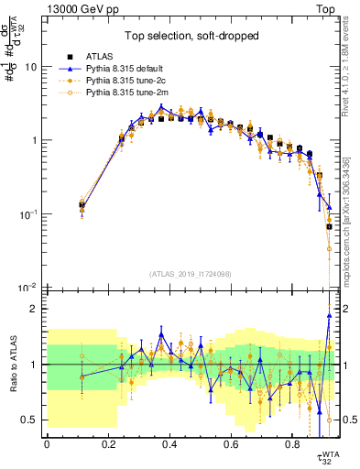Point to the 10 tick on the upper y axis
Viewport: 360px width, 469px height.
(30, 68)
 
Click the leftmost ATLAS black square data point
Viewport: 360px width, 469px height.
(82, 206)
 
